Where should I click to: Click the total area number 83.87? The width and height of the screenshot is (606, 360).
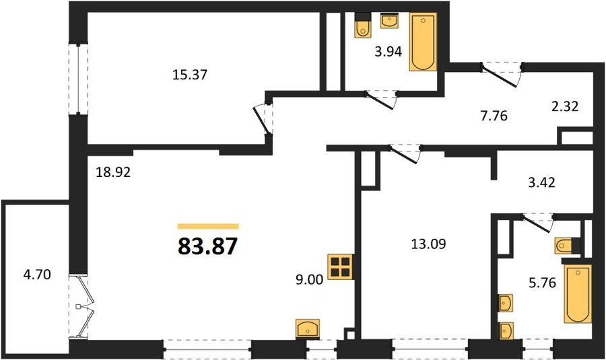207,246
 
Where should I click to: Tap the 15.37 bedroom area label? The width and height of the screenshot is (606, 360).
190,75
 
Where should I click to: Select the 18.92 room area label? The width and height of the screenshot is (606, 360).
113,172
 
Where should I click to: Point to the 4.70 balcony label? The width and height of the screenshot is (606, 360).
37,275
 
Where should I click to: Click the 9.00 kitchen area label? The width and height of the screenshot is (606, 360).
309,279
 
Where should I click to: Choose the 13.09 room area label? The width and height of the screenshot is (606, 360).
428,244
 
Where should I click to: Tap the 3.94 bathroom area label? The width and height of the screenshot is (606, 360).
389,51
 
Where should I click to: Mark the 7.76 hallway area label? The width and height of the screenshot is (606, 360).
494,115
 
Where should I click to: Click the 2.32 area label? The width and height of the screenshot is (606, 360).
565,106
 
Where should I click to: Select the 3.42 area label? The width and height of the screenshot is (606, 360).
541,182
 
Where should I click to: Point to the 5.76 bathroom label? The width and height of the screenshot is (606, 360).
542,283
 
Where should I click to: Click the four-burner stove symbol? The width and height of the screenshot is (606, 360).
341,267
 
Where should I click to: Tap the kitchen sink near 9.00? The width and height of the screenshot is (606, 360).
308,329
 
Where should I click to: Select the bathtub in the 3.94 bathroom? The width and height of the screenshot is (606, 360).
424,42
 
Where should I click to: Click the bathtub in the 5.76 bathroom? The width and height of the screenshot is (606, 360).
578,294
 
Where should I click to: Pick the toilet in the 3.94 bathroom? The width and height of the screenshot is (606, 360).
362,26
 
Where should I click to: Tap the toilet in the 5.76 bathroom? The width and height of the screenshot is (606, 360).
568,246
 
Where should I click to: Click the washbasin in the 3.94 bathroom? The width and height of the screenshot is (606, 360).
391,21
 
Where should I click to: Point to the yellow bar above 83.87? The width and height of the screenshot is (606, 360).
208,227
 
